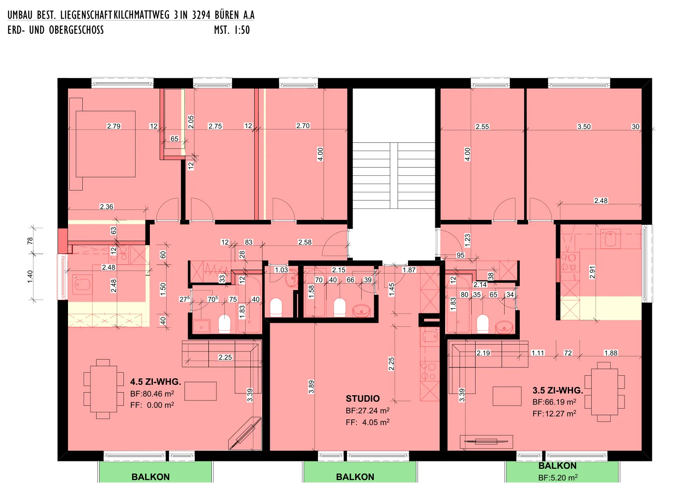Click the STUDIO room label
[x=363, y=399]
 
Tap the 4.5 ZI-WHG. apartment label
[x=155, y=382]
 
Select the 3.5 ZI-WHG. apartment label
[x=557, y=390]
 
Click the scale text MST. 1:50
[x=232, y=30]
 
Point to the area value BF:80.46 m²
[x=152, y=393]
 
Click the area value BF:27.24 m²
[x=368, y=410]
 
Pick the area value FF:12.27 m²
[x=554, y=413]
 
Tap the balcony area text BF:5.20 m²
[x=558, y=477]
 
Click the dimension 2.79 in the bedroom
[x=113, y=126]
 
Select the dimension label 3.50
[x=584, y=126]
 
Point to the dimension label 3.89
[x=311, y=387]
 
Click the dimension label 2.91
[x=592, y=272]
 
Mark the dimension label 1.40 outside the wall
[x=30, y=276]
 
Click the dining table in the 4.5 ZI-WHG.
[x=104, y=389]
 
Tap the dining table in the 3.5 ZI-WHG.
[x=605, y=392]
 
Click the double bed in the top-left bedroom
[x=106, y=144]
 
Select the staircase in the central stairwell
[x=394, y=175]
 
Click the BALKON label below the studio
[x=355, y=477]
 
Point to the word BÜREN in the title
[x=227, y=15]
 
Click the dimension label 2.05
[x=191, y=122]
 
